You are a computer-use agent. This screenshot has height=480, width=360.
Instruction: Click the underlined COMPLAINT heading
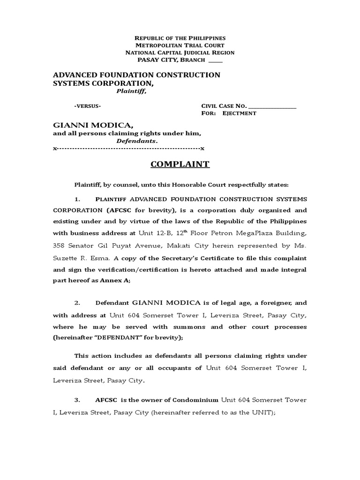coord(180,165)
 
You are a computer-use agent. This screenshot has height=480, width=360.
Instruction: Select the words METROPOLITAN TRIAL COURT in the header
coord(180,45)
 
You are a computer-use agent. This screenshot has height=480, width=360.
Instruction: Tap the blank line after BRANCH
coord(216,60)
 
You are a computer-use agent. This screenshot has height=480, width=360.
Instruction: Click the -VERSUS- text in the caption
coord(87,106)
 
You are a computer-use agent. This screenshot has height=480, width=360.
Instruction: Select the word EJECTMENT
coord(239,113)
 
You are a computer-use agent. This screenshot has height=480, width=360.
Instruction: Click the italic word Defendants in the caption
coord(136,141)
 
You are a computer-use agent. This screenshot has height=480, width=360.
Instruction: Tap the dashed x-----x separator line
coord(129,149)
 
